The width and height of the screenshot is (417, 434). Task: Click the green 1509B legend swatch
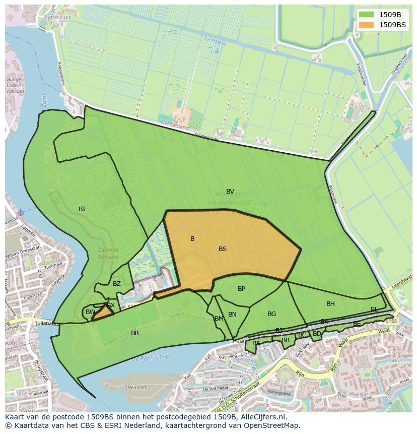pos(366,15)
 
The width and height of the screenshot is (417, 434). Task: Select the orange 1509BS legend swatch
pos(366,25)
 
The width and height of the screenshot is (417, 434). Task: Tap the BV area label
pos(230,192)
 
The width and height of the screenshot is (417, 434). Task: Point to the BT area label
pos(82,209)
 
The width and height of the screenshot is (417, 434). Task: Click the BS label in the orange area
pos(223,249)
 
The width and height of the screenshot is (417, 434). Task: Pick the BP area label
pos(241,289)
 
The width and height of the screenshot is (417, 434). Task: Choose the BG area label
pos(271,314)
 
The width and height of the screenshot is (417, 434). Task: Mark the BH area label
pos(330,304)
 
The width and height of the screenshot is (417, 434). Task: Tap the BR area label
pos(135,333)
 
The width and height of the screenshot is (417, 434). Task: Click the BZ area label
pos(117,284)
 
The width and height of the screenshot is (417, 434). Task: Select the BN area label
pos(232,315)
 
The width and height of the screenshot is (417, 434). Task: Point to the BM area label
pos(219,319)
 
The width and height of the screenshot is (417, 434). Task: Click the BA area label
pos(256,343)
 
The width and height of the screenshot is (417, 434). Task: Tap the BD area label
pos(317,334)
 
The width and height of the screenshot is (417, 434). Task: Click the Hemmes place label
pos(137,388)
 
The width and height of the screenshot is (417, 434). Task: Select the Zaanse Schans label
pos(109,253)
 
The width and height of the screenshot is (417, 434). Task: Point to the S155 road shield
pos(391,321)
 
